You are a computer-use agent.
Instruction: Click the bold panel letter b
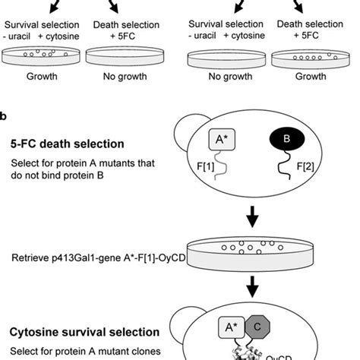tap(5, 115)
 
